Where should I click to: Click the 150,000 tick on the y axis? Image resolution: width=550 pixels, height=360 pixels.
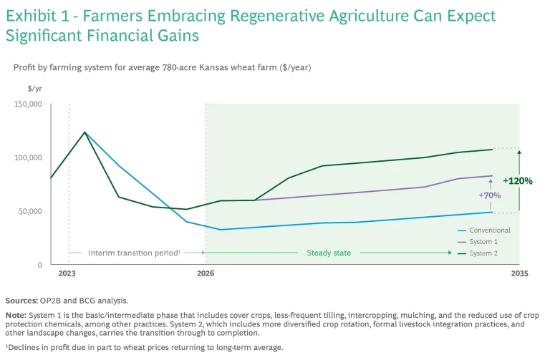(28, 104)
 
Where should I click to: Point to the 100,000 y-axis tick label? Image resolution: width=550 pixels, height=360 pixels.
(28, 157)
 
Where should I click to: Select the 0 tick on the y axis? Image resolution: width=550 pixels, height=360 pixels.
(39, 265)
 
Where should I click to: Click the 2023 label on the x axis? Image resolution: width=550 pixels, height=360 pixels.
(67, 274)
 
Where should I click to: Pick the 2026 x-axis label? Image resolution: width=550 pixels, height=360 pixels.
(206, 274)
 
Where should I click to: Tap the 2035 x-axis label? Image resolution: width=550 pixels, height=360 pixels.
(519, 274)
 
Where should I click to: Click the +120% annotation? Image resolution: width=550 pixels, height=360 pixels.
(517, 181)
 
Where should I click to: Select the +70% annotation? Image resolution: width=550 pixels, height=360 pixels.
(490, 195)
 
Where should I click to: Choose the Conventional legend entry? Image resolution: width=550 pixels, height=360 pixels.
(490, 230)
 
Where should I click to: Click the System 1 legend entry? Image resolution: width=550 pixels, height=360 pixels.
(484, 242)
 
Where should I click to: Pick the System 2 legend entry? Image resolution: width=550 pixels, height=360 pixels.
(484, 253)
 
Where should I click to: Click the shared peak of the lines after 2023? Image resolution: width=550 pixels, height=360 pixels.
(85, 132)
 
